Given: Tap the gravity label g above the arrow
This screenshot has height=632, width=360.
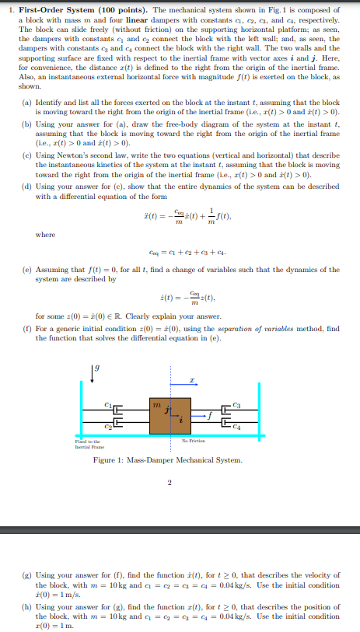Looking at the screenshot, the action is click(x=96, y=368).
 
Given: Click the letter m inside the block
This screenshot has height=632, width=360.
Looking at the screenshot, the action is click(x=158, y=403).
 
